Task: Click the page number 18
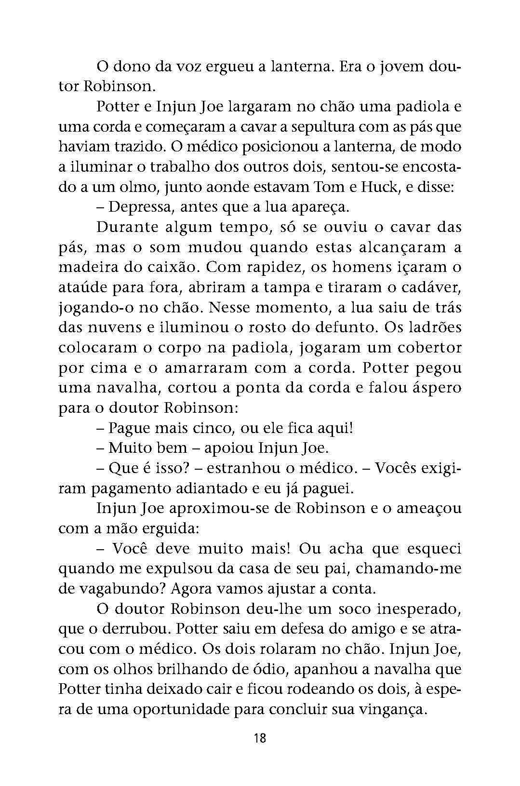point(259,738)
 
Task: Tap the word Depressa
point(140,207)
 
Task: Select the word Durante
point(127,227)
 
